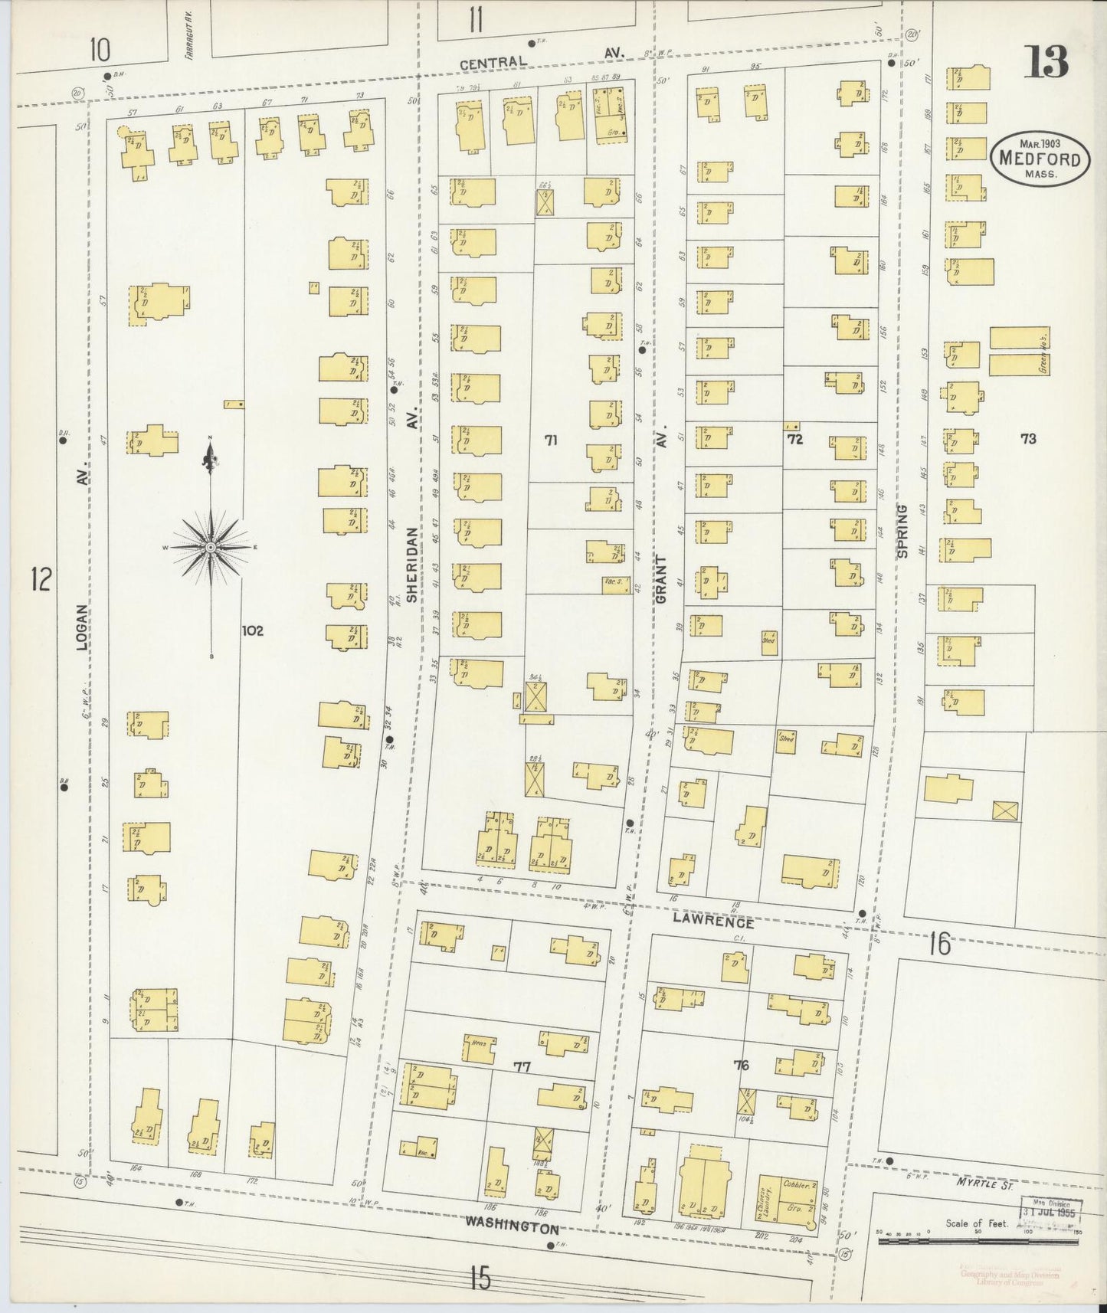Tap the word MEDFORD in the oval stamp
pos(1039,159)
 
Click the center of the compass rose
pos(211,547)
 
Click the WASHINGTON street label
pos(512,1227)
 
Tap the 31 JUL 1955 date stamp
pos(1050,1213)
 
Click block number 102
pos(252,630)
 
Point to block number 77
pos(522,1066)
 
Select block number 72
pos(794,439)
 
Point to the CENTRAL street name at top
pos(493,63)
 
